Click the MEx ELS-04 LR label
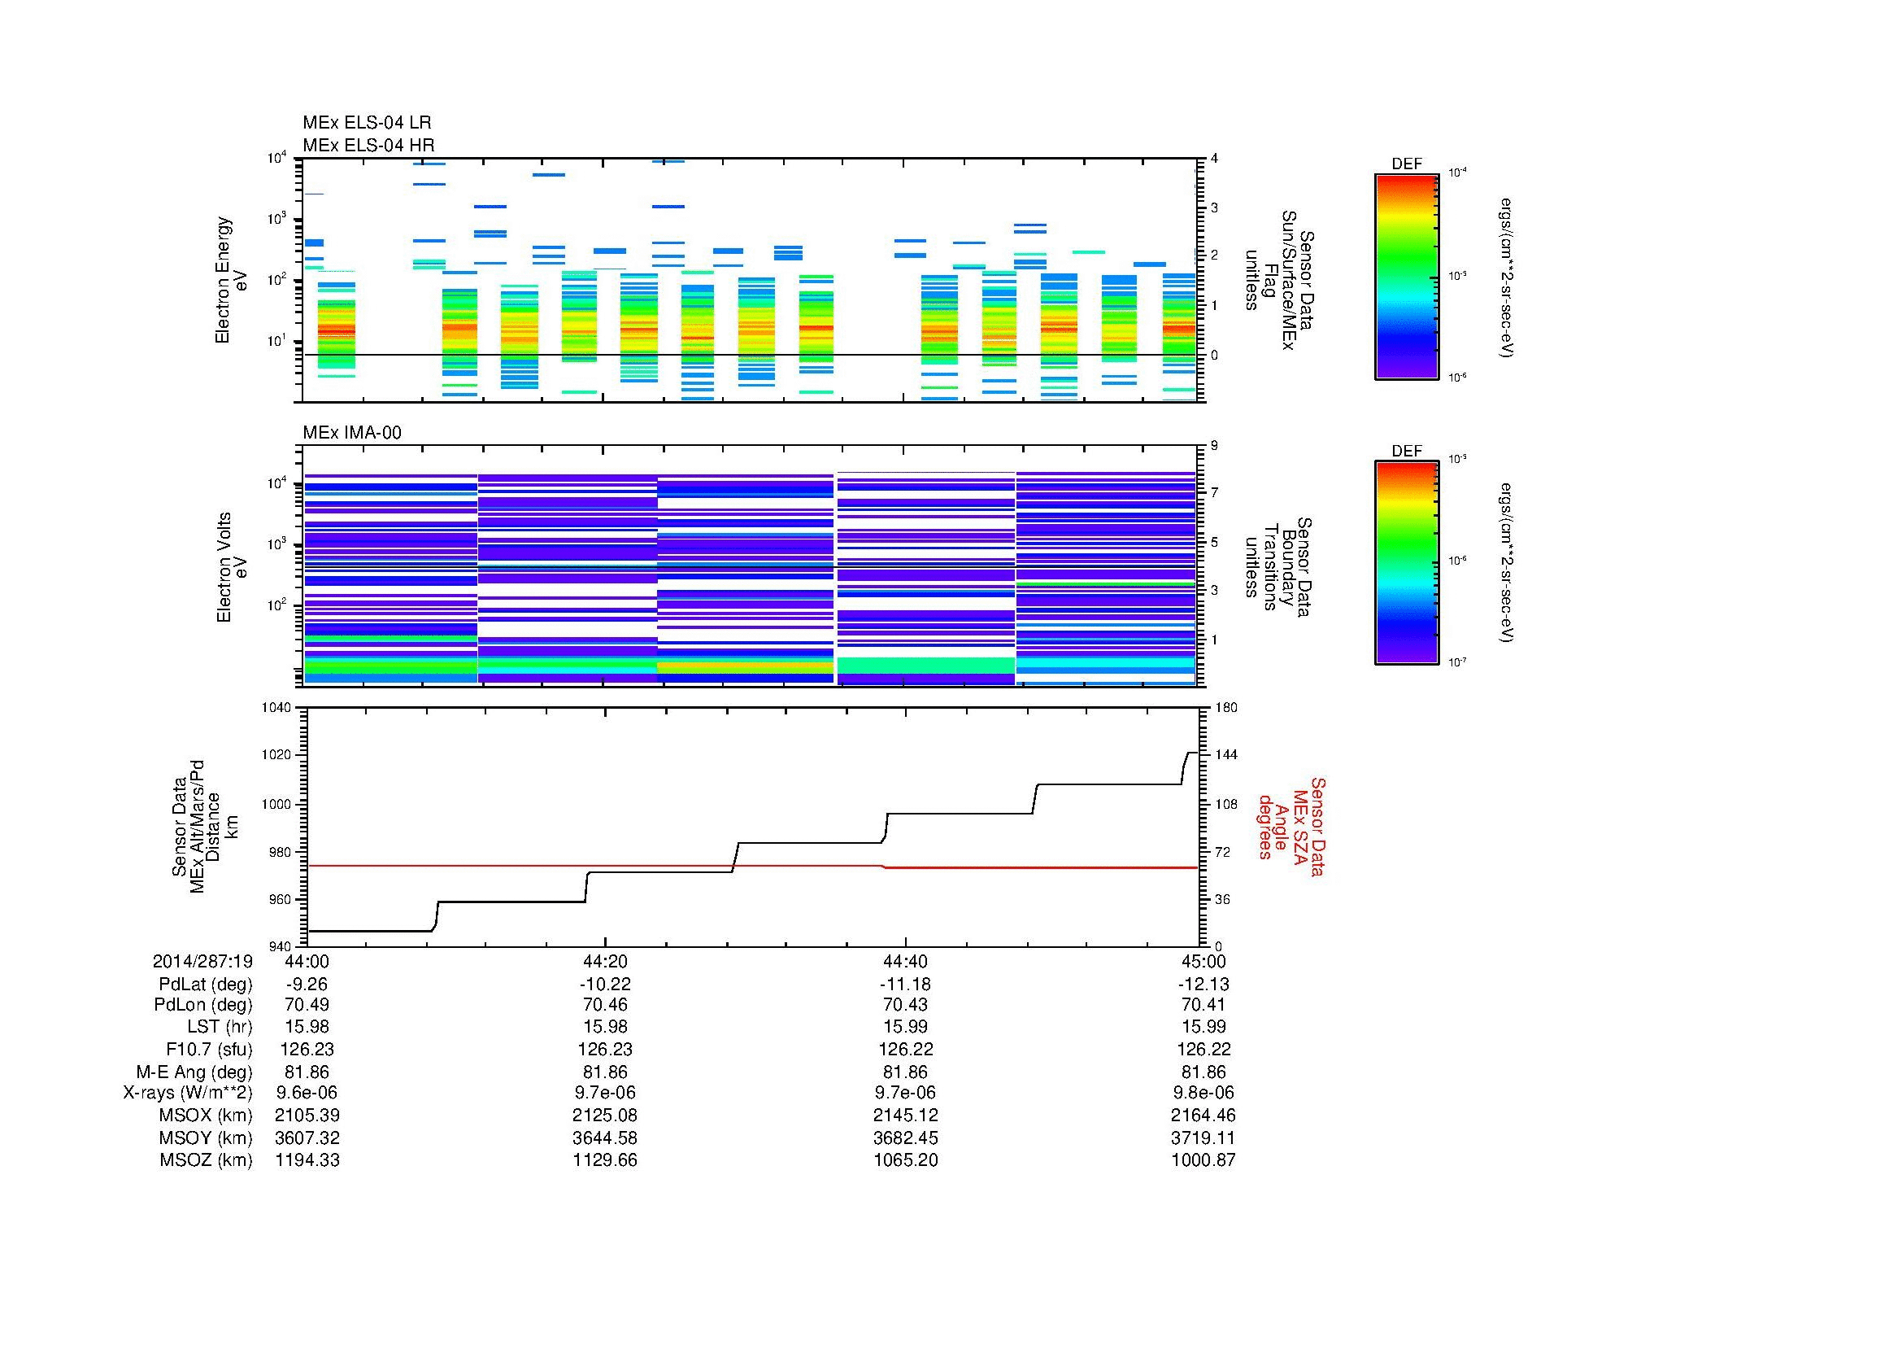366,123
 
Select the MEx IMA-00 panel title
351,433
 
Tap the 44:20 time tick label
605,961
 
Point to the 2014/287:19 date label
202,961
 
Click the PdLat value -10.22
605,985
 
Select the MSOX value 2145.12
904,1116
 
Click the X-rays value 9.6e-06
307,1093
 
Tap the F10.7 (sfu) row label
209,1049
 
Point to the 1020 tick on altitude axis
277,755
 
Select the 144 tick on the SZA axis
1225,755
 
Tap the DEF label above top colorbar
1406,164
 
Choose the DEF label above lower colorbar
1406,451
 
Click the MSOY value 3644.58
605,1138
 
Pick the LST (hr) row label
220,1027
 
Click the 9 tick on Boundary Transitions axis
1214,446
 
